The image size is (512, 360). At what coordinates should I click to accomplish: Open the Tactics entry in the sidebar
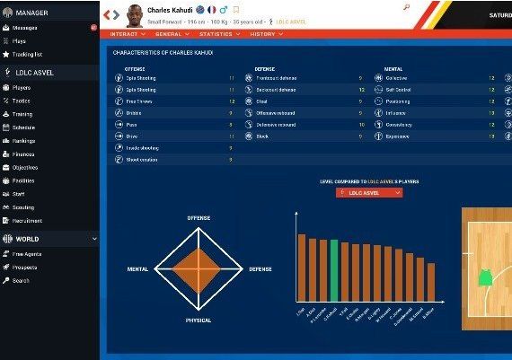point(22,101)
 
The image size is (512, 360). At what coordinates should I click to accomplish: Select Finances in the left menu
point(25,154)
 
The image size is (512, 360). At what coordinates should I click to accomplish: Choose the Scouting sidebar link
point(24,207)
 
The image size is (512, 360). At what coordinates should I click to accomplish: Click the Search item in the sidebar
point(21,281)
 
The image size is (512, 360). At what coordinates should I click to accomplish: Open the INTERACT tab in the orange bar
point(128,34)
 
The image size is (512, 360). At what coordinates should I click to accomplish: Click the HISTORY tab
point(264,34)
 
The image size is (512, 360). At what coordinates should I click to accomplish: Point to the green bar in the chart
point(334,270)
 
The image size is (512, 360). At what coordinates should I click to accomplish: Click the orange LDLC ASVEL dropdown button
point(369,192)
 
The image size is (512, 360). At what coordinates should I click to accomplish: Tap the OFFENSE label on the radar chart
point(198,218)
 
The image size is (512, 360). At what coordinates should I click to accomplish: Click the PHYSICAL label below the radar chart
point(198,320)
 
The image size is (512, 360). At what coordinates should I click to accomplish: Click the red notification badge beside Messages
point(93,28)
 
